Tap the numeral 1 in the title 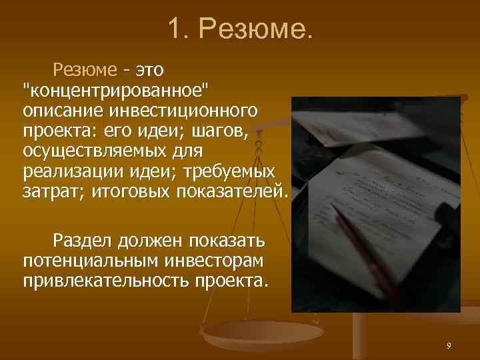tap(175, 29)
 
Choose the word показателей tap(230, 192)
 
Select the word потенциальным tap(87, 259)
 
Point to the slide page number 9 tap(449, 345)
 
